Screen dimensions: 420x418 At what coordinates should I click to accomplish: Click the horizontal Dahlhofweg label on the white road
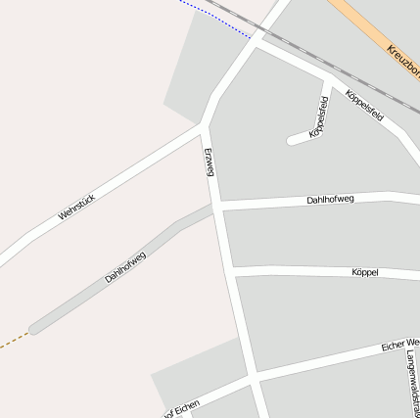330,199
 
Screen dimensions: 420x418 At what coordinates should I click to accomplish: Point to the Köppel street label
363,271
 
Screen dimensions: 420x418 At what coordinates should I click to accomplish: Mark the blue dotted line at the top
215,17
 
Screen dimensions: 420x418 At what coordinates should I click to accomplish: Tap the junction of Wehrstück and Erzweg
203,125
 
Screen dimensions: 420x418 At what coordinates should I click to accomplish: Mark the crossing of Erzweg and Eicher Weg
254,376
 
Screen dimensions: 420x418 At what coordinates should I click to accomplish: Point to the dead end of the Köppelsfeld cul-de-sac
292,141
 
